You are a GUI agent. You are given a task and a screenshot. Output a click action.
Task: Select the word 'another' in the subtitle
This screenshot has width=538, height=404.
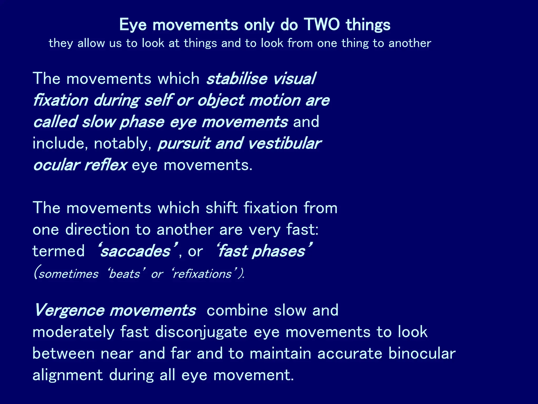point(410,43)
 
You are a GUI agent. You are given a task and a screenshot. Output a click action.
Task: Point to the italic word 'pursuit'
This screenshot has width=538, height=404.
point(184,144)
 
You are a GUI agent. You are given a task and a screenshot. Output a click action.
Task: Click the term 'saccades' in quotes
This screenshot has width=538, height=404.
point(136,251)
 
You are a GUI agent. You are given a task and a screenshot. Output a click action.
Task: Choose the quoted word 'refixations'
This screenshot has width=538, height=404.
point(203,274)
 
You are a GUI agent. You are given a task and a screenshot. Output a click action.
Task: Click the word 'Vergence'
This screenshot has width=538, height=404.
point(70,310)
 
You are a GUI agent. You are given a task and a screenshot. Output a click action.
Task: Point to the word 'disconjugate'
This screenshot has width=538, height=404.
point(201,332)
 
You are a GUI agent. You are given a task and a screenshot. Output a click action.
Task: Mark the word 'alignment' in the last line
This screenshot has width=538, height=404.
point(68,375)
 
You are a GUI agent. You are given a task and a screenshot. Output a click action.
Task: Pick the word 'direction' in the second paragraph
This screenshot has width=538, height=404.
point(97,229)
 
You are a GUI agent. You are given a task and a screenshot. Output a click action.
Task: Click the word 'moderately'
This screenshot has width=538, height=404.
point(73,332)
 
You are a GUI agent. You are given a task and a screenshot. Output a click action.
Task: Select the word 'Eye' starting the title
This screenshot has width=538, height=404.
point(133,25)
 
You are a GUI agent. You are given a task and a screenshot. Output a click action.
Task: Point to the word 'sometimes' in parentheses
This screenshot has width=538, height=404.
point(69,274)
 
